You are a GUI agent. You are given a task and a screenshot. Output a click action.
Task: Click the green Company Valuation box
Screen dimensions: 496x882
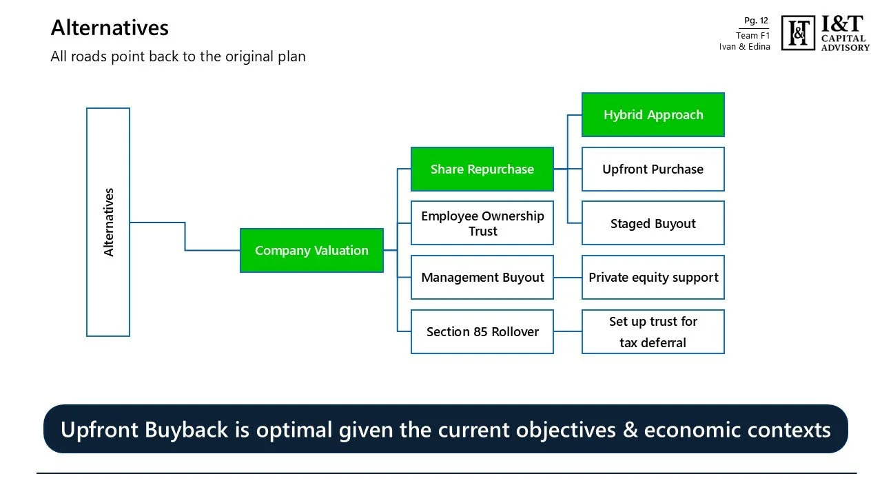coord(311,251)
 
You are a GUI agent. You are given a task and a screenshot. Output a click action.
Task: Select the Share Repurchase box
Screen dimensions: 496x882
coord(482,169)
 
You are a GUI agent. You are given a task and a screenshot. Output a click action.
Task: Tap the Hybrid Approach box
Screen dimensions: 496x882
coord(653,115)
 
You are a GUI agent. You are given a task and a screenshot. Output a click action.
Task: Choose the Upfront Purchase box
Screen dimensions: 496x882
coord(653,169)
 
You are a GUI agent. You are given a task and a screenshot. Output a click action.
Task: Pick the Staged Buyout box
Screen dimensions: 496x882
coord(653,223)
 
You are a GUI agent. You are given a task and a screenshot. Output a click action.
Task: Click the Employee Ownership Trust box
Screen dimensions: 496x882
coord(482,223)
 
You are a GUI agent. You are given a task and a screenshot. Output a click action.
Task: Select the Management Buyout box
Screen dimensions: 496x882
coord(482,278)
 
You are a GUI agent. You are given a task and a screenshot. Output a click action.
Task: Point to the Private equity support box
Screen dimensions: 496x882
coord(653,278)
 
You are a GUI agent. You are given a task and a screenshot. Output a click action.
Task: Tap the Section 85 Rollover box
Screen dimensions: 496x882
coord(482,332)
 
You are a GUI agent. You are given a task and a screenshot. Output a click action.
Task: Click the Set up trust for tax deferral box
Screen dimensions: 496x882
coord(653,332)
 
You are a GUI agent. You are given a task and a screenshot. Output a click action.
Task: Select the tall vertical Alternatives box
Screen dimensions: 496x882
coord(108,222)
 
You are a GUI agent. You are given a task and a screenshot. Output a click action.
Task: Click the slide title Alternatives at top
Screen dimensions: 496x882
coord(110,28)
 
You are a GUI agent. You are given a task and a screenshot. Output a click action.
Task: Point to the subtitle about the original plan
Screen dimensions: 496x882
coord(178,56)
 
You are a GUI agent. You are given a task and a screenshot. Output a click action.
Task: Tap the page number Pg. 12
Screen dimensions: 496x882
coord(756,21)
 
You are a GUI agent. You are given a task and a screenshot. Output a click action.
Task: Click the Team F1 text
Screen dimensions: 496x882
coord(752,35)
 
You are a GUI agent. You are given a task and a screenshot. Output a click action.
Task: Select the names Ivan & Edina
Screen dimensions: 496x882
coord(744,47)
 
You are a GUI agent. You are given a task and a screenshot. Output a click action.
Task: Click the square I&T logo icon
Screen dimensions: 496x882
coord(798,33)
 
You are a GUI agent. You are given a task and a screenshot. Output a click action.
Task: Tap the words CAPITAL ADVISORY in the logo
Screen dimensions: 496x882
coord(845,43)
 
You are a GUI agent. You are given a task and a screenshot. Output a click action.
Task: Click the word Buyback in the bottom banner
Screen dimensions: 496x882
coord(188,429)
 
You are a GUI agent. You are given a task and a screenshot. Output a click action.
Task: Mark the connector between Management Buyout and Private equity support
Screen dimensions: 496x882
coord(568,278)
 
